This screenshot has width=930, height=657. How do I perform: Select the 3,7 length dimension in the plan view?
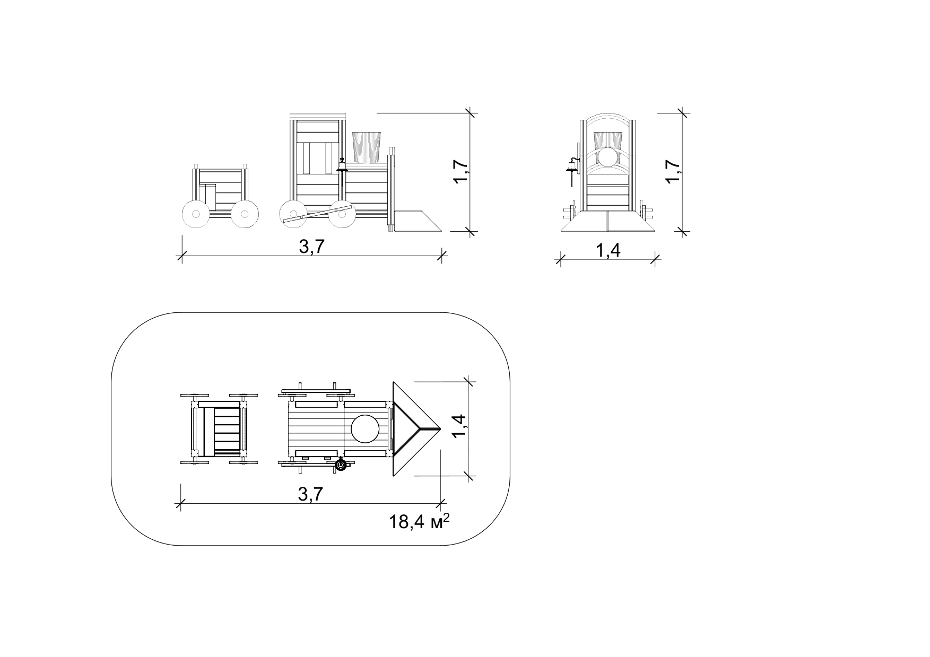(311, 494)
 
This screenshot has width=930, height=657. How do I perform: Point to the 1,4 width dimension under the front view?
(608, 250)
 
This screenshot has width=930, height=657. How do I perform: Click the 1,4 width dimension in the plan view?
(459, 426)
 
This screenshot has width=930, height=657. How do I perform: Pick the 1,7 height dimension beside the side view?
(460, 172)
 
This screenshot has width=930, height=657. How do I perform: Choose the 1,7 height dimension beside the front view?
(673, 172)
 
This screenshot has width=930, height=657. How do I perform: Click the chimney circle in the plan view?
(366, 428)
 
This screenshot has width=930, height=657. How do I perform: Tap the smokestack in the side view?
(367, 147)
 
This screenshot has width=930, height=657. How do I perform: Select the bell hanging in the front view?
(571, 165)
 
